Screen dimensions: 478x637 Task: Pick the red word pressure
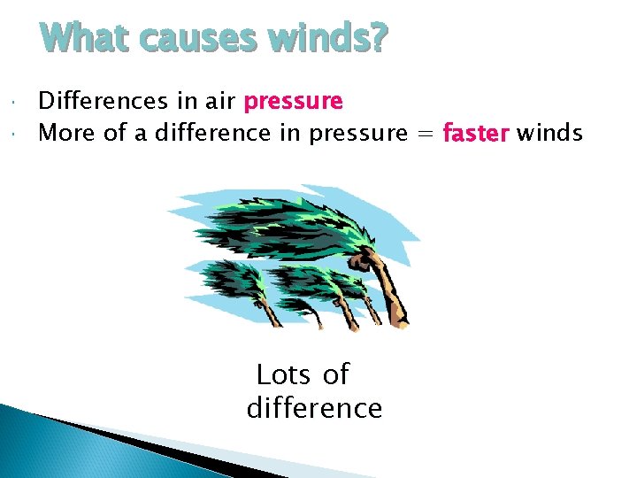[x=293, y=102]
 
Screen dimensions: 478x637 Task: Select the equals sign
[x=424, y=135]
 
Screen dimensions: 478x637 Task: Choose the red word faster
[x=476, y=134]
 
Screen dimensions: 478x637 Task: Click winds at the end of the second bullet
[x=549, y=134]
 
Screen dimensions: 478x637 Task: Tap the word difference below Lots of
[x=314, y=408]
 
